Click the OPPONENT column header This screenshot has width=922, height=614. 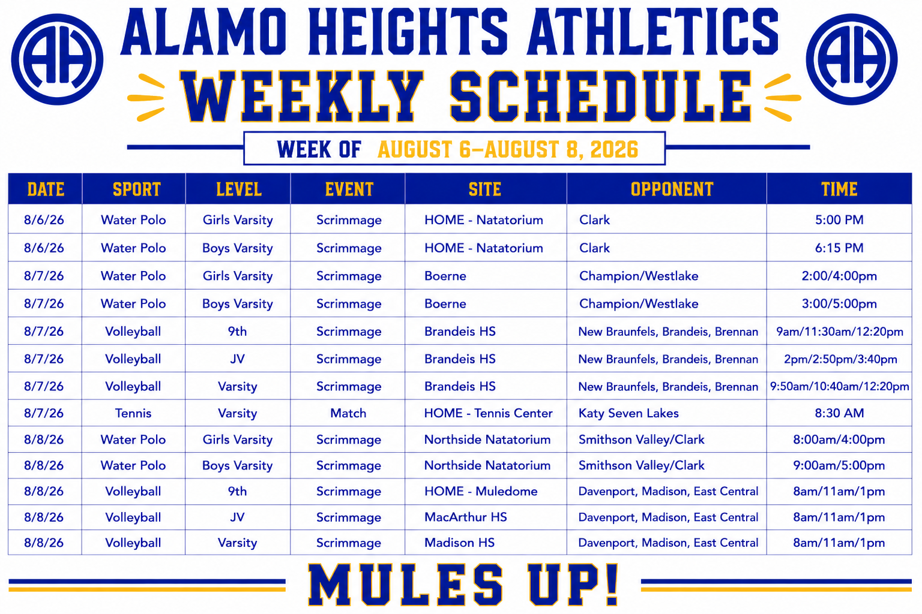(672, 189)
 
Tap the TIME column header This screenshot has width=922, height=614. (839, 189)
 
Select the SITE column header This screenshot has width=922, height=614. (485, 189)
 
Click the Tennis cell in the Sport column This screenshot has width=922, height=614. (133, 413)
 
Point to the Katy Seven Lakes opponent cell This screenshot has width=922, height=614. (628, 413)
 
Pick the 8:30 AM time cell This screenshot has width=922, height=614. (839, 413)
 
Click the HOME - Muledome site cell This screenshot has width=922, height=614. (481, 491)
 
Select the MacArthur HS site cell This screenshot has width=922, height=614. (466, 517)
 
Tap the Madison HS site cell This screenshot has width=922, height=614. (459, 543)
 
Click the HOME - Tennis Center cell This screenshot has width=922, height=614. (488, 413)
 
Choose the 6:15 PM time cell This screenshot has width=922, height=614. (839, 248)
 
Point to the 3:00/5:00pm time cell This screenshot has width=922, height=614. (839, 304)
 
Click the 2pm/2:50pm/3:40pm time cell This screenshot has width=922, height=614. (840, 359)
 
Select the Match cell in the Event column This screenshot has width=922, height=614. (348, 413)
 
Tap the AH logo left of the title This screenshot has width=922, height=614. (57, 59)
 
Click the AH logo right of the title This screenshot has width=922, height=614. (852, 59)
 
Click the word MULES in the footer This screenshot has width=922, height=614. (406, 585)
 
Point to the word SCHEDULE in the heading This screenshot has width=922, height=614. (600, 96)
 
